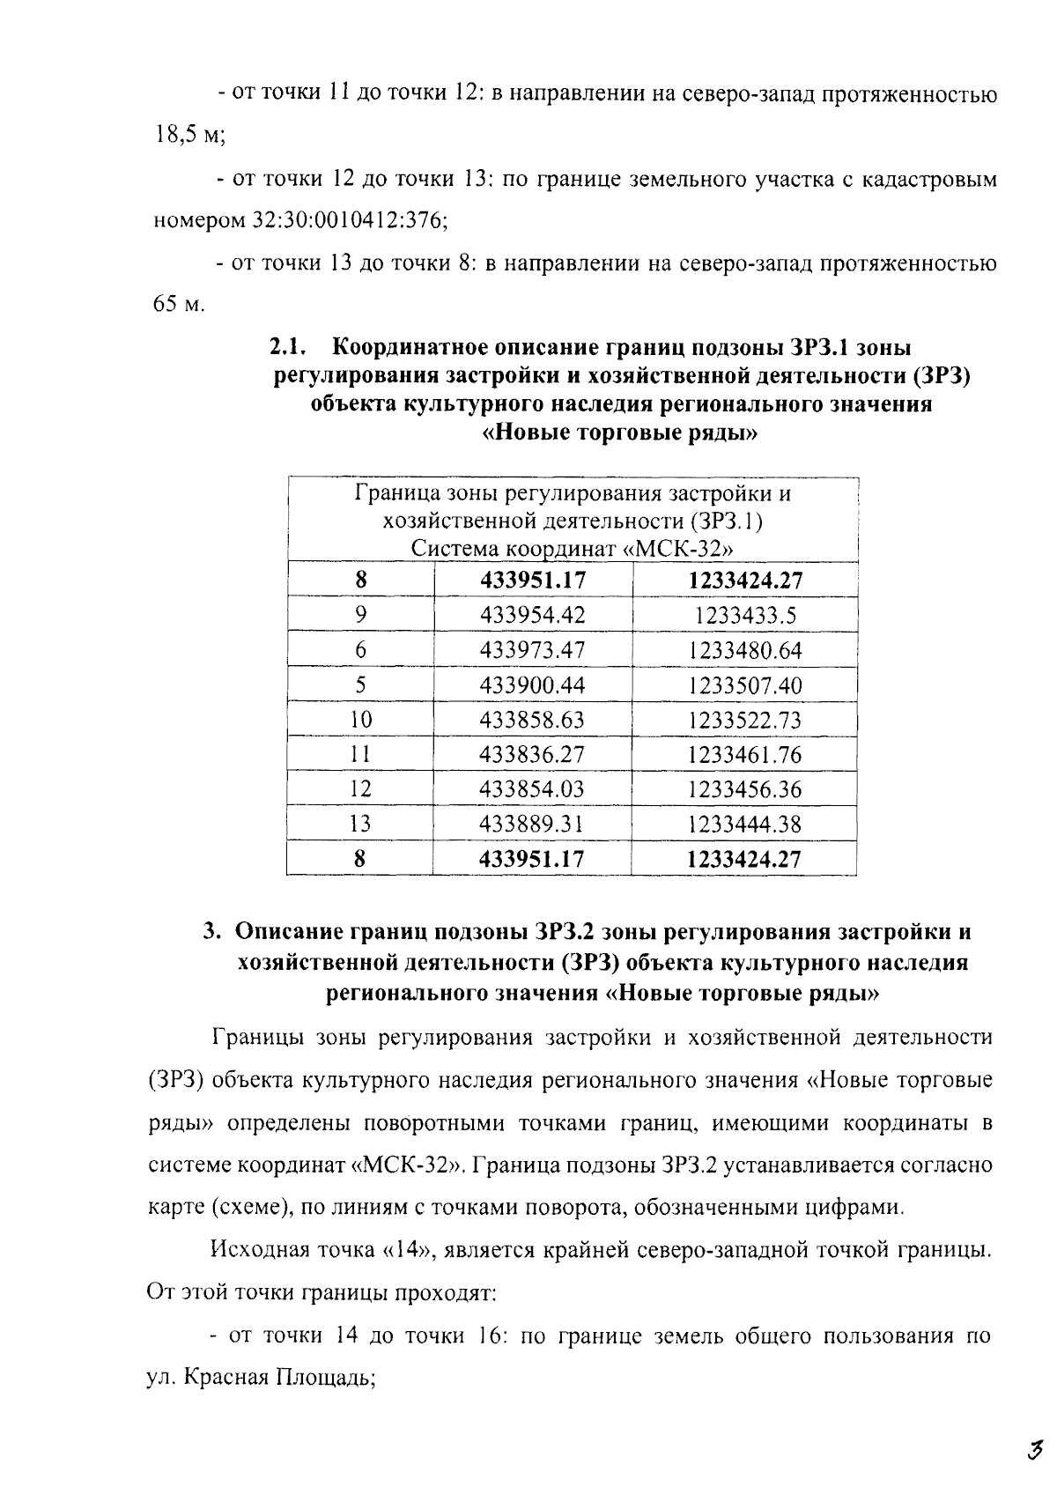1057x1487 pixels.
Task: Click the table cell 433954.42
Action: [531, 616]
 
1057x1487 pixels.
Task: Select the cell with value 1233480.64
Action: [744, 651]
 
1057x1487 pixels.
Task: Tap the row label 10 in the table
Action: [360, 720]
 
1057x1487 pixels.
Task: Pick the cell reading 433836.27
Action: [531, 755]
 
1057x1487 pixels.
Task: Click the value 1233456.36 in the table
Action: [744, 789]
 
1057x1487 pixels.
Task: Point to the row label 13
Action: [360, 824]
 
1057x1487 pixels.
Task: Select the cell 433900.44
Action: [531, 685]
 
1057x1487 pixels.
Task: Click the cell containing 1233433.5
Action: [744, 616]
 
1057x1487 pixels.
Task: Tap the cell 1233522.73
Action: [744, 720]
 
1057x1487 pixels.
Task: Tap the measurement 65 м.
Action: [174, 306]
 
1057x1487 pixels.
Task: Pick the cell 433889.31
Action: [531, 824]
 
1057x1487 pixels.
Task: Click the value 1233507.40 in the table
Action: [744, 685]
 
